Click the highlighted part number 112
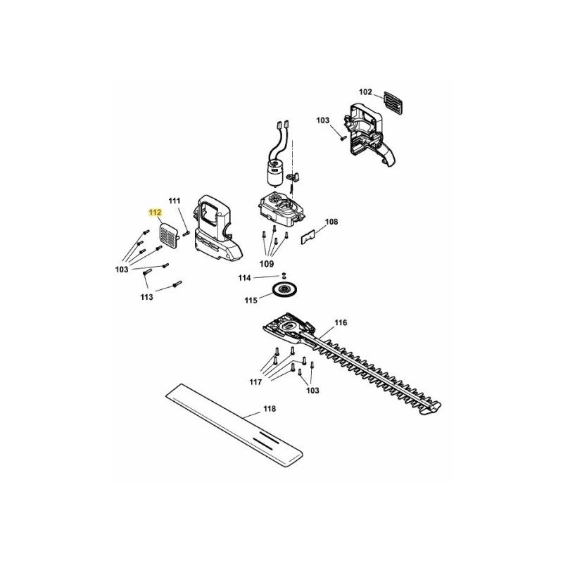pos(155,213)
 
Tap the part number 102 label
pos(365,92)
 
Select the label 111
pos(175,201)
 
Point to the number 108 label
pos(331,222)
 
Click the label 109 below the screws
pos(267,264)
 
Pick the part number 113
pos(147,297)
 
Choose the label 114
pos(244,278)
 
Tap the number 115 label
pos(251,301)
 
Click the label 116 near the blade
pos(341,323)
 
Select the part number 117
pos(255,382)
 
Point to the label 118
pos(270,409)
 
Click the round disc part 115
pos(282,289)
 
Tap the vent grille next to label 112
pos(168,236)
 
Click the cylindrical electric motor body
pos(274,174)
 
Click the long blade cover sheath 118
pos(236,426)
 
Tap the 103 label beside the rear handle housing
pos(323,120)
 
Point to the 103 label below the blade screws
pos(312,391)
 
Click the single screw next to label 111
pos(186,234)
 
